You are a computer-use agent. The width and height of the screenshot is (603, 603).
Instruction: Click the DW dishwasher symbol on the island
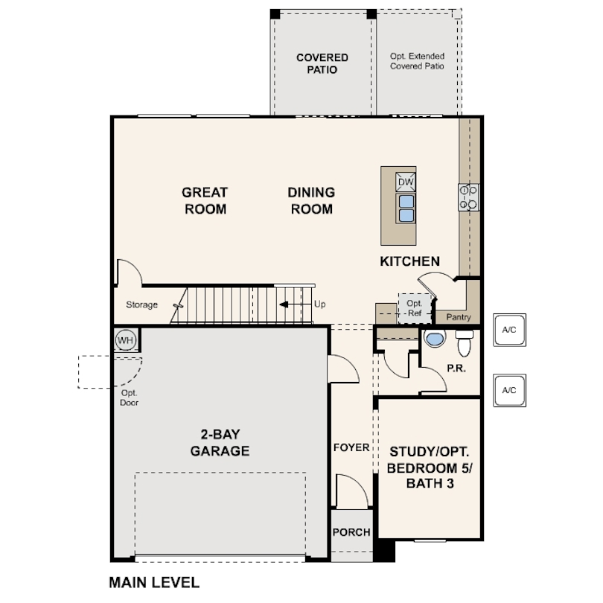(406, 182)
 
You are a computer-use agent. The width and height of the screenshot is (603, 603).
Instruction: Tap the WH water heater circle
(125, 340)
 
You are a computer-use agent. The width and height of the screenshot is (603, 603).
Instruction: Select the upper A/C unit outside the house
(509, 330)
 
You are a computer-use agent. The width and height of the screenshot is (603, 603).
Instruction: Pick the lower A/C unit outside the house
(509, 390)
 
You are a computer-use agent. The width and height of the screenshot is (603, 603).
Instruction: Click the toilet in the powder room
(465, 342)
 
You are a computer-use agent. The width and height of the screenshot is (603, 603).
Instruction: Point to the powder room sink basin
(435, 339)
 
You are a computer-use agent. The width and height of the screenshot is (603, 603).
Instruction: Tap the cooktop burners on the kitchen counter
(468, 197)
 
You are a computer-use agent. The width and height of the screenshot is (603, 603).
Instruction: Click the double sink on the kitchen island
(406, 208)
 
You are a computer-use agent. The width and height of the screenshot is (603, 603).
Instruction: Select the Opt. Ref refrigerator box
(415, 308)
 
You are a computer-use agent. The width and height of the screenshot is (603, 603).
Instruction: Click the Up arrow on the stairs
(296, 304)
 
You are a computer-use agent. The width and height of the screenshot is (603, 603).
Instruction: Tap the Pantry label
(459, 317)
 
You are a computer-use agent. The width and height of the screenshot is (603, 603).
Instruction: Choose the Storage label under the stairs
(142, 304)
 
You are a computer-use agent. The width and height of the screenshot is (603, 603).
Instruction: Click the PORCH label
(351, 532)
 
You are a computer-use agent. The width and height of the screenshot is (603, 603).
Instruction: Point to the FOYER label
(351, 447)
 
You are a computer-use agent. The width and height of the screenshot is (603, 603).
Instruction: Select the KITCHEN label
(410, 261)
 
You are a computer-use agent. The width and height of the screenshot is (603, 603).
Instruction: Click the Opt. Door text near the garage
(130, 398)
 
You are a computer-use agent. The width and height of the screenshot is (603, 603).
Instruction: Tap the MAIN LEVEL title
(154, 583)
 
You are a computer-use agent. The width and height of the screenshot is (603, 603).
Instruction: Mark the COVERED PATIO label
(322, 63)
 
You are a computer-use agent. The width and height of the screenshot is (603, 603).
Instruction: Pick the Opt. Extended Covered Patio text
(417, 61)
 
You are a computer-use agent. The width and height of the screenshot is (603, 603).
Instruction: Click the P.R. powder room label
(456, 368)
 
